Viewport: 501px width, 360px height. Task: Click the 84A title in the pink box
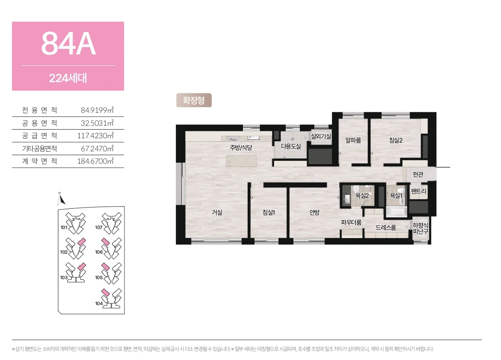(x=68, y=44)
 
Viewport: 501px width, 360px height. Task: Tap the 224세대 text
(x=68, y=78)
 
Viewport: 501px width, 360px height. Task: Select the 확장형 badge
(x=194, y=100)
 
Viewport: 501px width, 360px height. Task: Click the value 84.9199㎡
(x=97, y=110)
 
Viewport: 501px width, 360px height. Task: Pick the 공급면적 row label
(x=40, y=136)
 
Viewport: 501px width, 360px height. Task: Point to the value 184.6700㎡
(x=95, y=161)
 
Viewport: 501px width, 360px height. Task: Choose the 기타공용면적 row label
(x=40, y=149)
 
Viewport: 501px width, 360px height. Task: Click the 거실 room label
(x=217, y=213)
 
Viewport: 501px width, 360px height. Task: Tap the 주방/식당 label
(x=241, y=147)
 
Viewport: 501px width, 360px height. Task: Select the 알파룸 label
(x=353, y=140)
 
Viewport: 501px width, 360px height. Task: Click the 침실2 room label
(x=396, y=140)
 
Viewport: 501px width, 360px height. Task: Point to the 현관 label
(x=418, y=175)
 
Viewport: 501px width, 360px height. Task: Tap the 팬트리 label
(x=418, y=191)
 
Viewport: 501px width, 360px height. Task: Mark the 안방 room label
(x=314, y=213)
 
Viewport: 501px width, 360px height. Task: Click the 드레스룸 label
(x=386, y=227)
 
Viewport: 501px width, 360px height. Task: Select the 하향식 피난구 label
(x=421, y=228)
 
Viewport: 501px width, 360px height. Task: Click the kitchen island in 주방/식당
(x=241, y=161)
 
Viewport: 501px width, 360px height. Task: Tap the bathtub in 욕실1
(x=396, y=212)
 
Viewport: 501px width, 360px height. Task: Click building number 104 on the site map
(x=99, y=303)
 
